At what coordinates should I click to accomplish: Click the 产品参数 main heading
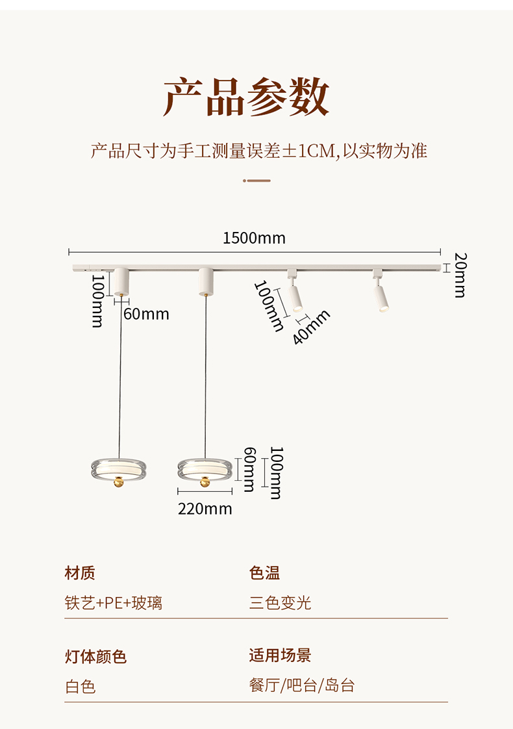coord(246,97)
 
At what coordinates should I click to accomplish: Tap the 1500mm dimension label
coord(254,238)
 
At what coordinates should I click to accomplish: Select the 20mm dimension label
coord(460,275)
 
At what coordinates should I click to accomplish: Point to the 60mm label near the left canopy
coord(146,314)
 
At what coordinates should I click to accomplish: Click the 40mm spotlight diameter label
coord(311,327)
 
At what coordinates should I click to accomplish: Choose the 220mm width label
coord(205,509)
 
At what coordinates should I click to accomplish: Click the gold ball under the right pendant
coord(205,483)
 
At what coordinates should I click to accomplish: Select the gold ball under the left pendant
coord(119,483)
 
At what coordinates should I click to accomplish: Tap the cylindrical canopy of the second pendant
coord(206,282)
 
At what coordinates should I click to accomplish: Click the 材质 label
coord(80,573)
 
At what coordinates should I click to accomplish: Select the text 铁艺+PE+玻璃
coord(114,603)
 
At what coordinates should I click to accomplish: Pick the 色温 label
coord(264,573)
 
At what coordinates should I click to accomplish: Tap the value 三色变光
coord(280,603)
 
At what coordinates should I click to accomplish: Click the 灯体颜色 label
coord(95,656)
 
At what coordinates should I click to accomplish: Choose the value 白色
coord(81,687)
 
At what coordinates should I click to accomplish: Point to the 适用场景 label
coord(280,656)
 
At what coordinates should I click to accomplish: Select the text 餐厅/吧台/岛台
coord(302,685)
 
